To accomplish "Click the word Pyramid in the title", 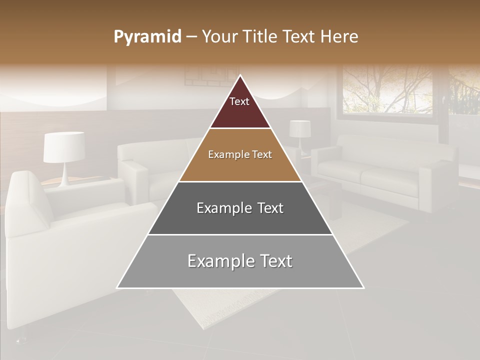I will pos(147,37).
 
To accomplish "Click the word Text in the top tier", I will pos(239,101).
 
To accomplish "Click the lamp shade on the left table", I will pos(63,146).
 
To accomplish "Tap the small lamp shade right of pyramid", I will pos(299,128).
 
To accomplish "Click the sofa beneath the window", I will pos(385,172).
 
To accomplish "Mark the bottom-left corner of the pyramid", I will pos(117,288).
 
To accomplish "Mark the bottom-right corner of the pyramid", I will pos(363,288).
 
